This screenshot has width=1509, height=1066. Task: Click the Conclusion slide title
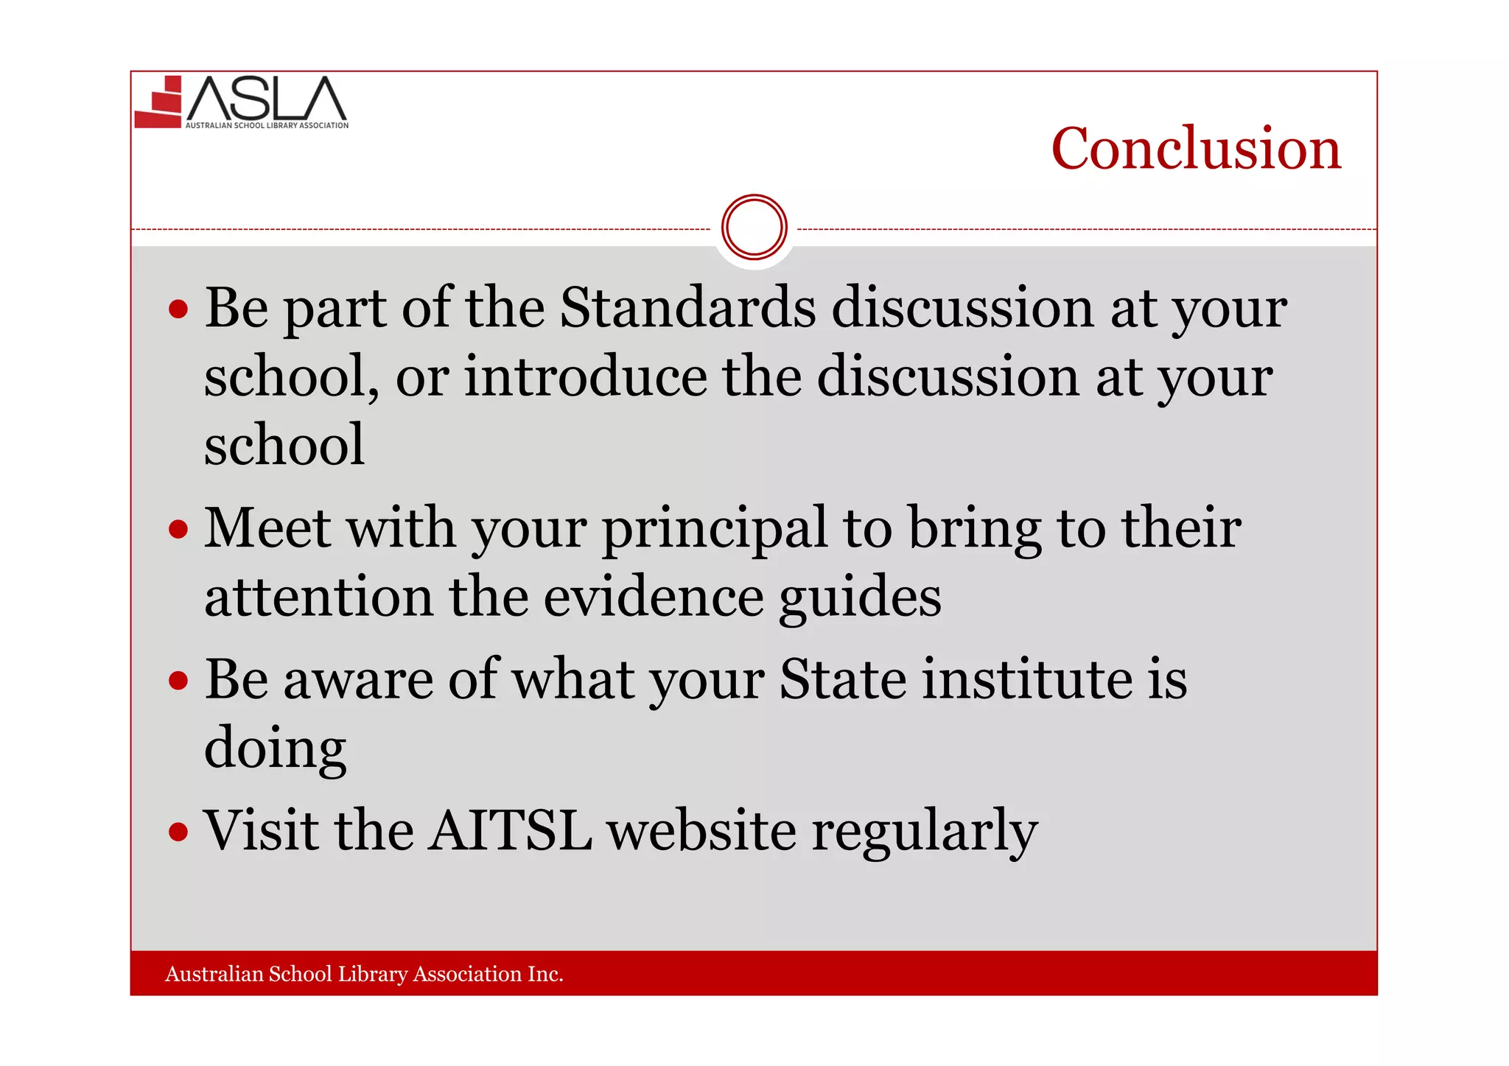pyautogui.click(x=1195, y=149)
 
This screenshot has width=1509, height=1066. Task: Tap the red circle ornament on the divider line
pyautogui.click(x=754, y=227)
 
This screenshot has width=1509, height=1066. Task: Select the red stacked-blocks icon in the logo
pyautogui.click(x=159, y=103)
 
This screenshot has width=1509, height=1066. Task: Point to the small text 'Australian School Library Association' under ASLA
pyautogui.click(x=267, y=126)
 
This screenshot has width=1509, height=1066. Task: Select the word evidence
pyautogui.click(x=653, y=597)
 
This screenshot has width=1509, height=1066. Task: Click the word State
pyautogui.click(x=842, y=679)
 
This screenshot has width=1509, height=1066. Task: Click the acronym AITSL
pyautogui.click(x=510, y=831)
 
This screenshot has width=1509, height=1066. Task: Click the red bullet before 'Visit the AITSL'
pyautogui.click(x=178, y=832)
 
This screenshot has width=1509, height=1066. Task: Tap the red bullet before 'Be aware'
pyautogui.click(x=178, y=681)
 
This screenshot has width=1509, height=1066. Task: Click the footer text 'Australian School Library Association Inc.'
pyautogui.click(x=364, y=974)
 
